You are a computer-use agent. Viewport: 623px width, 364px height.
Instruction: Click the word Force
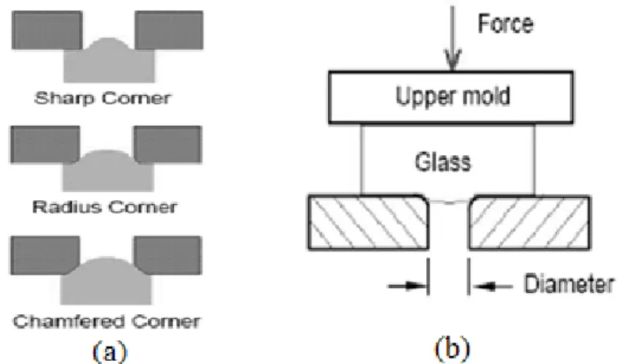(505, 24)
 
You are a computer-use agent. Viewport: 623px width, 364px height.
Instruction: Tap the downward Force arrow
(452, 38)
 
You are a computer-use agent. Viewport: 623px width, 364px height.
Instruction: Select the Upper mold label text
(452, 97)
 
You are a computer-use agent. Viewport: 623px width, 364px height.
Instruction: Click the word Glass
(443, 162)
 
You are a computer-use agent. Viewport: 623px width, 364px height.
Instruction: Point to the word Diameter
(569, 284)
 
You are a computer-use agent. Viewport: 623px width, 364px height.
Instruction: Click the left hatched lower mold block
(368, 222)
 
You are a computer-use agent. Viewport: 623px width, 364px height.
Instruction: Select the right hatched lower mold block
(530, 222)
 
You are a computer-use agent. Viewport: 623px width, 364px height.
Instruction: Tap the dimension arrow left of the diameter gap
(407, 286)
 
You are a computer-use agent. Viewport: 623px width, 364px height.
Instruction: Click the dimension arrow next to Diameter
(492, 286)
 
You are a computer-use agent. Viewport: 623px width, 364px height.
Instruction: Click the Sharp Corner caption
(103, 98)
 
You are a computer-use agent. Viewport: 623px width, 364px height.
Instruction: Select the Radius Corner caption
(104, 207)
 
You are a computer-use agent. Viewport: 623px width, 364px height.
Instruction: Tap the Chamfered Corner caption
(107, 321)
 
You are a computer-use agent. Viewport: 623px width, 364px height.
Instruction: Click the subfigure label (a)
(110, 351)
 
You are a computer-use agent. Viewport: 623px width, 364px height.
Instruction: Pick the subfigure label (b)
(452, 349)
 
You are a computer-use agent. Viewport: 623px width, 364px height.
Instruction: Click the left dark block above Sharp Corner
(47, 30)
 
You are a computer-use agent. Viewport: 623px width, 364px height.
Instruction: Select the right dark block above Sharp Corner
(169, 30)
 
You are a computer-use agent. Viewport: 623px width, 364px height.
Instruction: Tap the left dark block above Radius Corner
(45, 144)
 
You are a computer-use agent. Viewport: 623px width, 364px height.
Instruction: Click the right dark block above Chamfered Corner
(168, 255)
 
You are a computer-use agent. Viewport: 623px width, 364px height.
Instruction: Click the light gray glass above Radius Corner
(108, 173)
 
